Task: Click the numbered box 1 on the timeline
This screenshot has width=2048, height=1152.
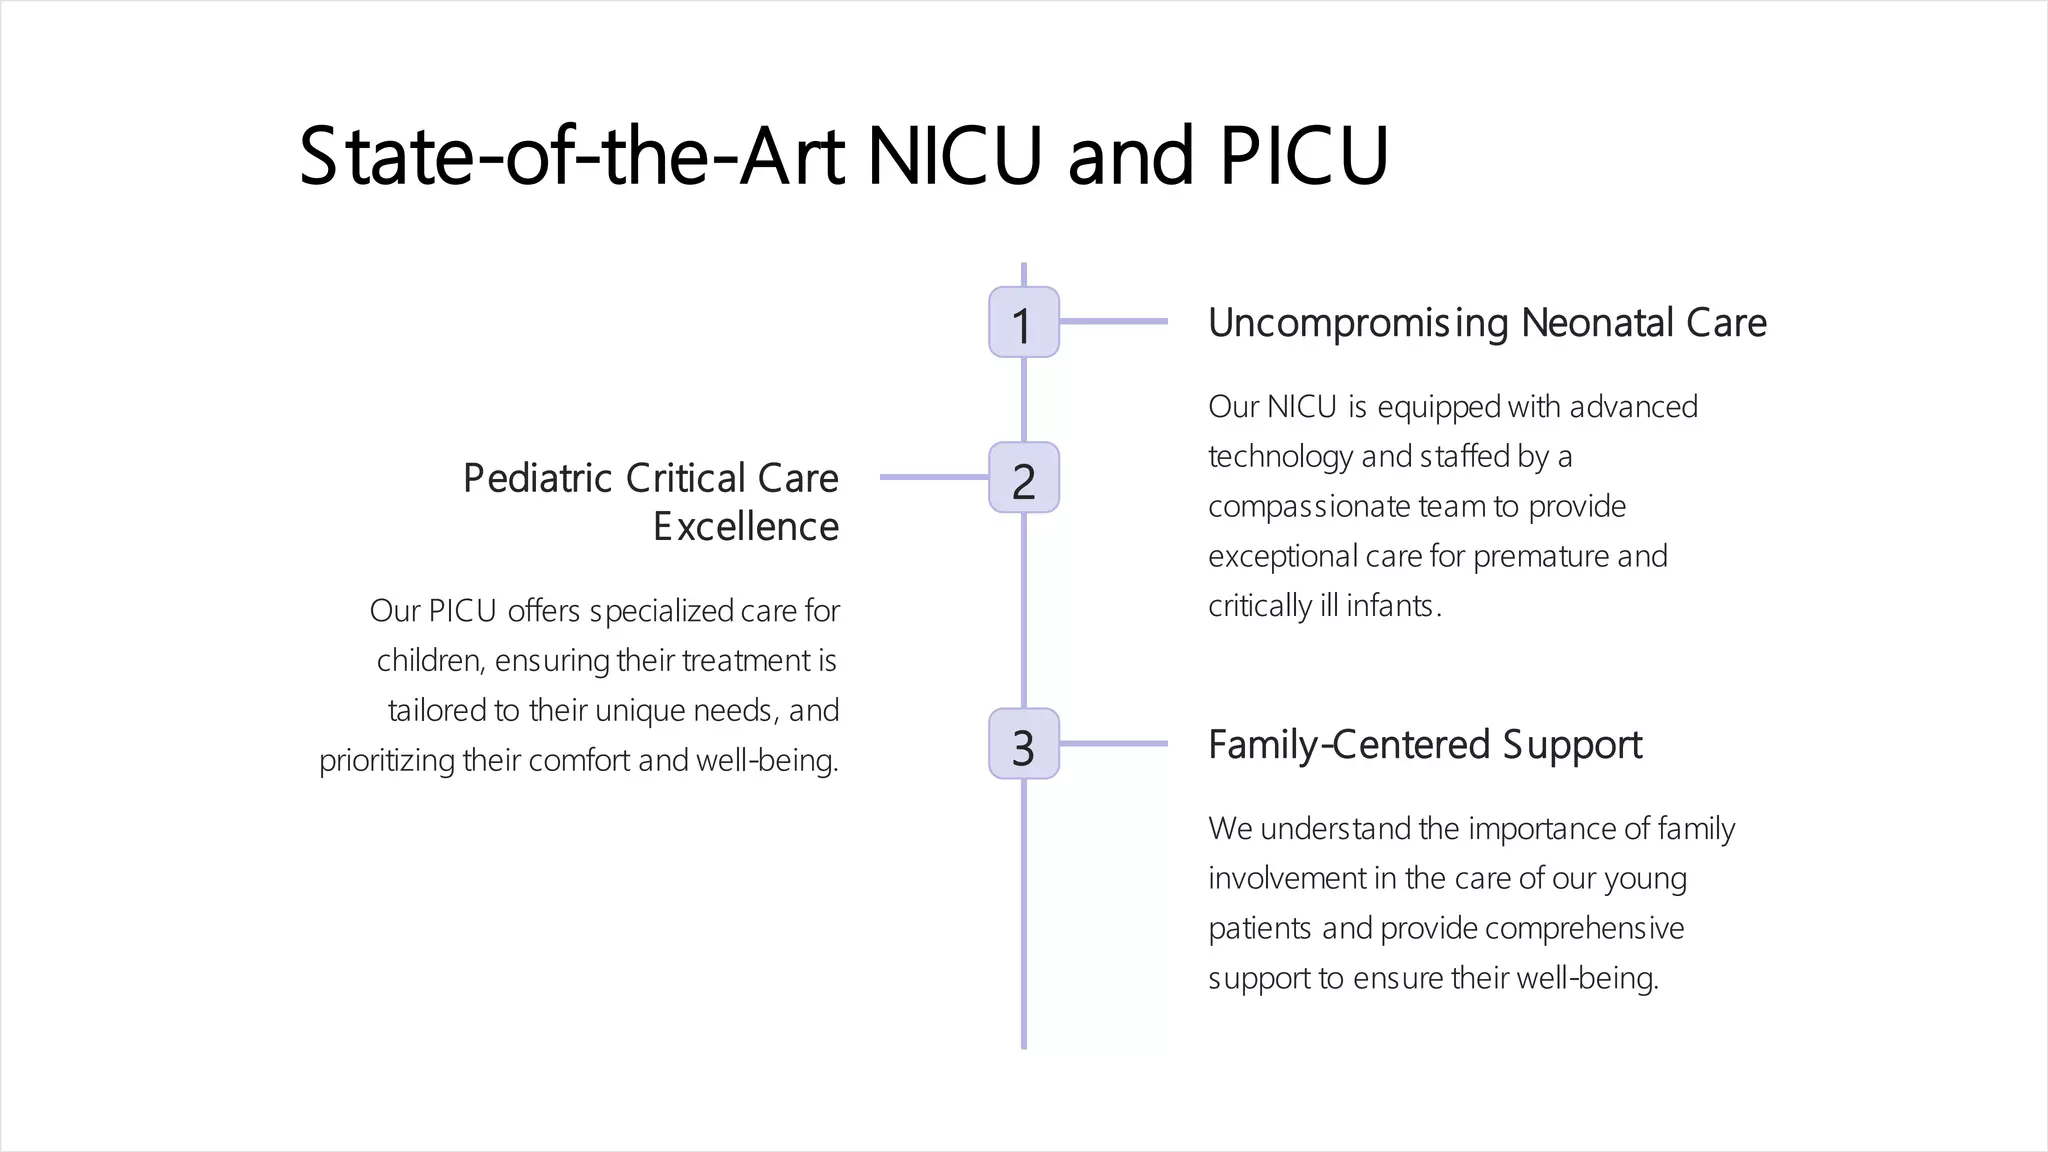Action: (1023, 322)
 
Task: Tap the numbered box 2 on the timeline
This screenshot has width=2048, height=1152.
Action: (1023, 478)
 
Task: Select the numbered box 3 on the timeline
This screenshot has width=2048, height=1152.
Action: (1023, 744)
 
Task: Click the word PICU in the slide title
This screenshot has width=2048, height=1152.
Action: (1303, 157)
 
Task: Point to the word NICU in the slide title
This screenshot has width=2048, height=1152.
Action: (954, 157)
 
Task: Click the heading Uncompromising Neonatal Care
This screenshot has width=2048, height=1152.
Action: (1486, 323)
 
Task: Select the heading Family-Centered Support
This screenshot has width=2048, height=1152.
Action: (1424, 745)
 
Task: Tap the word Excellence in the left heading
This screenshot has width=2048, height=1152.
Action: (745, 527)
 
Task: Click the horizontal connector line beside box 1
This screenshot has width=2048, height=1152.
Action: (1113, 322)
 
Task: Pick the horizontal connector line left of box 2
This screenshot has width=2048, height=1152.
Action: (934, 478)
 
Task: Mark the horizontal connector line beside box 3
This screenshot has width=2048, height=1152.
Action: (1113, 744)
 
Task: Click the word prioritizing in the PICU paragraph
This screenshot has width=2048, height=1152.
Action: (386, 761)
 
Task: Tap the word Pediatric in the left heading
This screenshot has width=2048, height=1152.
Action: (537, 479)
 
